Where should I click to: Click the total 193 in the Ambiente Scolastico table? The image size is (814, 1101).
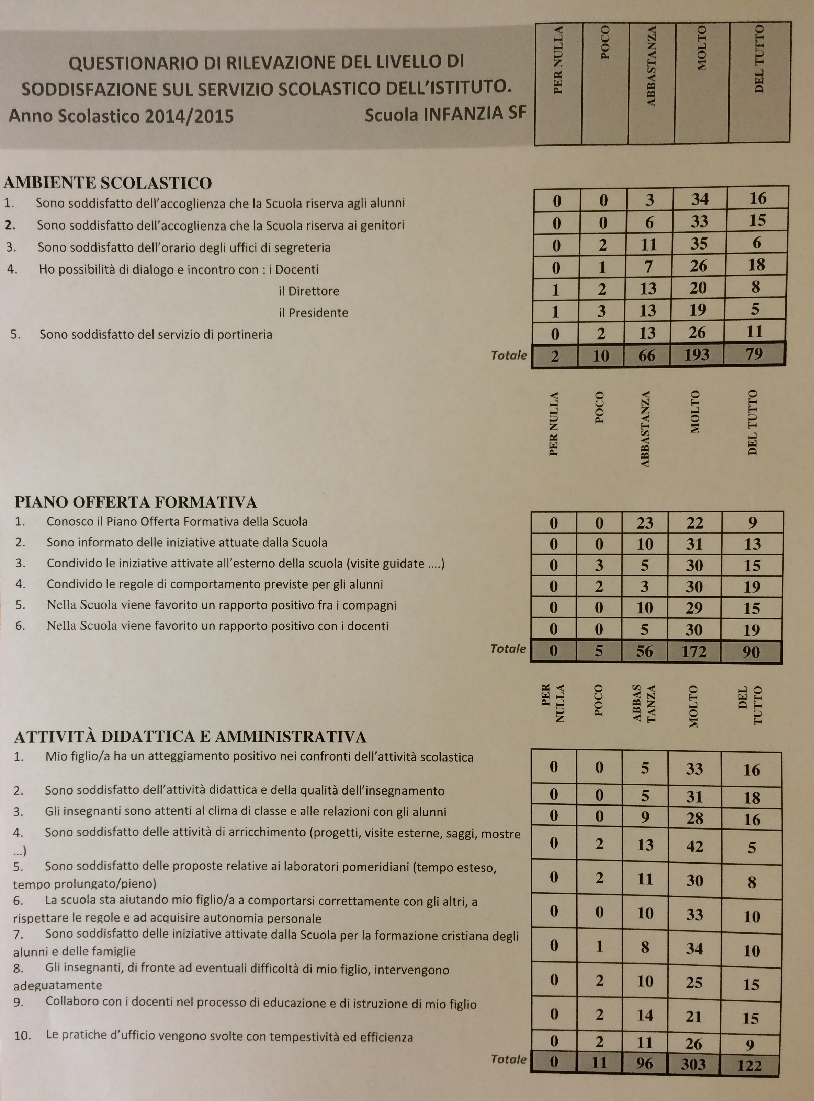tap(696, 355)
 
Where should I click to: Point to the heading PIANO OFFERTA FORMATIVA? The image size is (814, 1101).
tap(136, 502)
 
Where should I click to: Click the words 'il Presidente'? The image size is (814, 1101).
tap(313, 313)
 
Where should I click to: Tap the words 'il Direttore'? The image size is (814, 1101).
tap(309, 291)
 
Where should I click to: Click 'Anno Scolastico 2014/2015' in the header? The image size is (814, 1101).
tap(121, 116)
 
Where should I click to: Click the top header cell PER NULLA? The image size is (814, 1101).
tap(558, 60)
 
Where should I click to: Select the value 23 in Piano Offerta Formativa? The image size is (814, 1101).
tap(644, 522)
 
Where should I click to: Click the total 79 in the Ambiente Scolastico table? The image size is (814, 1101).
tap(754, 354)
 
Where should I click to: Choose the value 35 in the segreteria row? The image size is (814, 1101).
tap(699, 244)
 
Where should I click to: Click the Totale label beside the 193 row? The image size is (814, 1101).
tap(509, 355)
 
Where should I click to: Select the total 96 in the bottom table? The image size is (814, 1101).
tap(644, 1064)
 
